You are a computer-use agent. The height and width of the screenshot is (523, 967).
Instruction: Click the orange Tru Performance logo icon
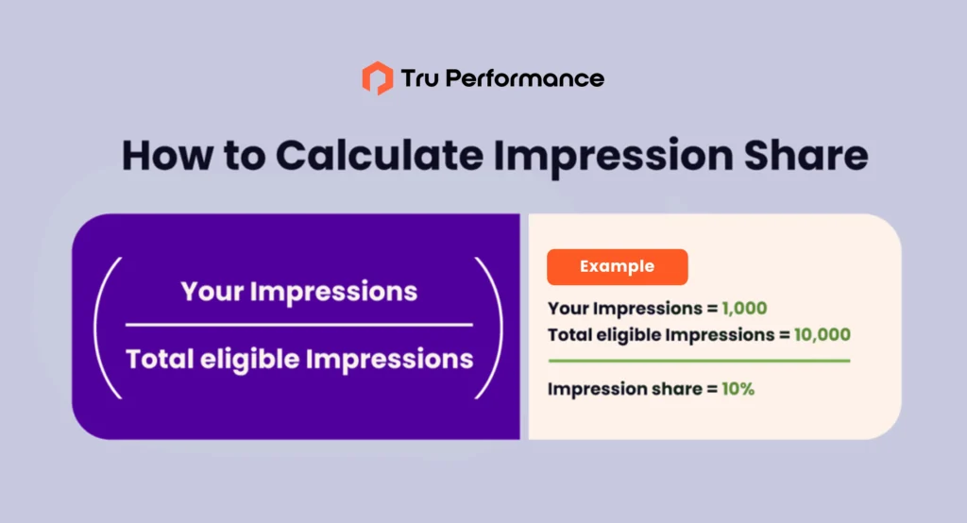point(378,78)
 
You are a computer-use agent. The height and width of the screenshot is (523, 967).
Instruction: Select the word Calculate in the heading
point(380,155)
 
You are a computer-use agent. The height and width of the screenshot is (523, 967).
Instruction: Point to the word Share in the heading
point(806,155)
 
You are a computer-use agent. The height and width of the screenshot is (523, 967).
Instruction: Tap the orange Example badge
point(618,267)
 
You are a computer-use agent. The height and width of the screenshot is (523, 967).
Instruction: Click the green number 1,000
point(744,309)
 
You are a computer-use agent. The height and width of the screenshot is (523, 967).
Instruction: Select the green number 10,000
point(823,335)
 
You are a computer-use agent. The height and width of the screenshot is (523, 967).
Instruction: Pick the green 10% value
point(738,389)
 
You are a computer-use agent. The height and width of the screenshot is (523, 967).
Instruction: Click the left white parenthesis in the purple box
point(104,329)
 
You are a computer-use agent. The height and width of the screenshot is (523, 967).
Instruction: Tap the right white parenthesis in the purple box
point(492,329)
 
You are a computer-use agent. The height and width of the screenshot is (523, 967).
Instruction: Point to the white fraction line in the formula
point(299,325)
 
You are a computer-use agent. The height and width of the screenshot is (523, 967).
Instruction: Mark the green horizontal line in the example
point(700,361)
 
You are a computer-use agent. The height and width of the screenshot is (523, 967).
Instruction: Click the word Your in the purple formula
point(212,292)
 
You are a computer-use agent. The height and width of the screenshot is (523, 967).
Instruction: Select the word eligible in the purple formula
point(249,360)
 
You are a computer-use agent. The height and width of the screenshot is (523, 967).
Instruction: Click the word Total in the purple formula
point(160,359)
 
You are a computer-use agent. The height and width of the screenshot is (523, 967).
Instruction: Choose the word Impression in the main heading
point(613,156)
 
